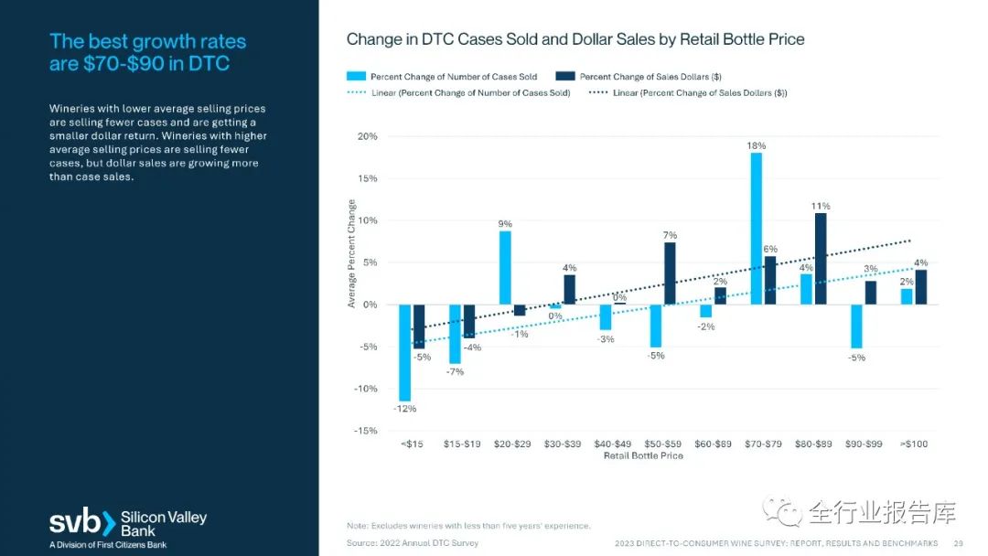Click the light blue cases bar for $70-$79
coord(757,229)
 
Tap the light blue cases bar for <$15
coord(404,352)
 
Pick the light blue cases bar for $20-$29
coord(505,268)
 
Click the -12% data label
coord(404,409)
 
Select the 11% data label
coord(821,207)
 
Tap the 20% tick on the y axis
coord(366,136)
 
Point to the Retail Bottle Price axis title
coord(643,455)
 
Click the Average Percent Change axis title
coord(351,253)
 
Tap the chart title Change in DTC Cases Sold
coord(575,39)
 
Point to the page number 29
coord(959,543)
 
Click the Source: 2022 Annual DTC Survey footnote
coord(412,543)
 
